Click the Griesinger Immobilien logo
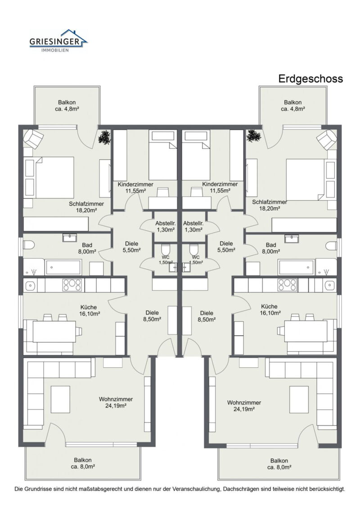pyautogui.click(x=58, y=41)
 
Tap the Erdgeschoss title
pyautogui.click(x=310, y=79)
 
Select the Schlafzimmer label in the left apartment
pyautogui.click(x=86, y=207)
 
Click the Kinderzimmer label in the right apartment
pyautogui.click(x=220, y=188)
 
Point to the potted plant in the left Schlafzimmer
pyautogui.click(x=105, y=137)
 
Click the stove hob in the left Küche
pyautogui.click(x=72, y=285)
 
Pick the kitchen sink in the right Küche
pyautogui.click(x=329, y=285)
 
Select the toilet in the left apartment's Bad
pyautogui.click(x=29, y=246)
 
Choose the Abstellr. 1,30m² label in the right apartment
pyautogui.click(x=194, y=226)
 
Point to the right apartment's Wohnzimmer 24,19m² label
pyautogui.click(x=244, y=405)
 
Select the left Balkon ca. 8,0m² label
pyautogui.click(x=83, y=464)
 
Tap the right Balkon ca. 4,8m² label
pyautogui.click(x=292, y=105)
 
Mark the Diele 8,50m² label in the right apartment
pyautogui.click(x=207, y=316)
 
